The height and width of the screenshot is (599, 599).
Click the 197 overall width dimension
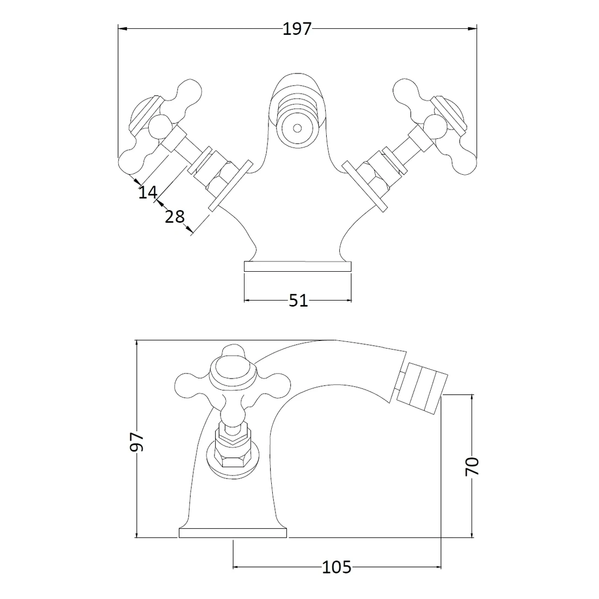(x=297, y=28)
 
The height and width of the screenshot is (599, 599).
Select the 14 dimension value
(x=147, y=192)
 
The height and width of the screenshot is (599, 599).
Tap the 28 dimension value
(x=174, y=217)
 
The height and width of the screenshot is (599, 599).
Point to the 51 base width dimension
(x=298, y=300)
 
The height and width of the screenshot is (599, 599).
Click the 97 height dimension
(x=138, y=441)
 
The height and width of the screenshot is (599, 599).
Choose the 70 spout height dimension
(x=472, y=466)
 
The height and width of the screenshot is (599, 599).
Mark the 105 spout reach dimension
(x=337, y=567)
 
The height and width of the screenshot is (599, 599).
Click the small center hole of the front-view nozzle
(x=297, y=129)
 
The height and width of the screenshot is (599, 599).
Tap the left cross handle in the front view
(x=158, y=127)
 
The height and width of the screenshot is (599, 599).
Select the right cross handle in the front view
(x=436, y=127)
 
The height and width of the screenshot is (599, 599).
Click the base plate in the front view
(x=298, y=266)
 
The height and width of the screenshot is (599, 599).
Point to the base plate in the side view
(x=233, y=533)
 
